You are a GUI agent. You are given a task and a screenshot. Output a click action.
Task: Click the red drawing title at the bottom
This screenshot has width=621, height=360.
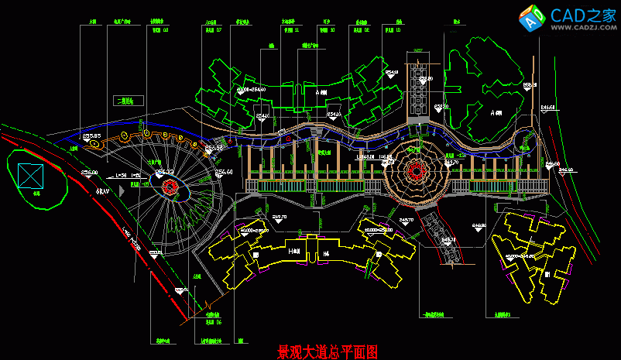tap(328, 352)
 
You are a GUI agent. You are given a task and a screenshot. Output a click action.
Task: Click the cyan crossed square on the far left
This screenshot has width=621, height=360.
tap(31, 175)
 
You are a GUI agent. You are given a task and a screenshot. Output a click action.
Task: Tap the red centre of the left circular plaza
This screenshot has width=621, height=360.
tap(170, 186)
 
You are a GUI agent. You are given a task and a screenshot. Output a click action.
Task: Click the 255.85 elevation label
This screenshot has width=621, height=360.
tap(91, 136)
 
